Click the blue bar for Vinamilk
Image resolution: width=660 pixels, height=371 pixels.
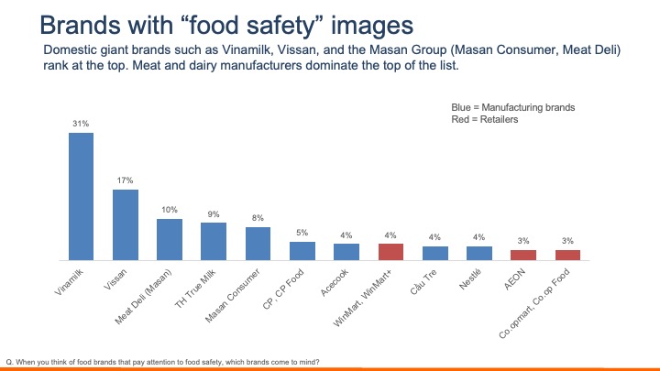coord(81,195)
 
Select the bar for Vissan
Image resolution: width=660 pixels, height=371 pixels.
coord(126,224)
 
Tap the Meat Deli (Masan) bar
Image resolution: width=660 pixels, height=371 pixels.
coord(170,238)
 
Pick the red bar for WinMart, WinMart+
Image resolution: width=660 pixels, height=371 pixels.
coord(390,250)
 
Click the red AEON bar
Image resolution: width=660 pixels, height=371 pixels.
coord(523,254)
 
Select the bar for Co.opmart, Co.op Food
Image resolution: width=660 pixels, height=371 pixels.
coord(567,254)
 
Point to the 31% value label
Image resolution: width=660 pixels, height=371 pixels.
coord(81,123)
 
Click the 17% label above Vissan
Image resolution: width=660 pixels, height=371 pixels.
coord(126,180)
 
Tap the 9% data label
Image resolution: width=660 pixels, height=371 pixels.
coord(214,213)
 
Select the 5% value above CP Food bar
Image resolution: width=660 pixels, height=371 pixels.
coord(302,232)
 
